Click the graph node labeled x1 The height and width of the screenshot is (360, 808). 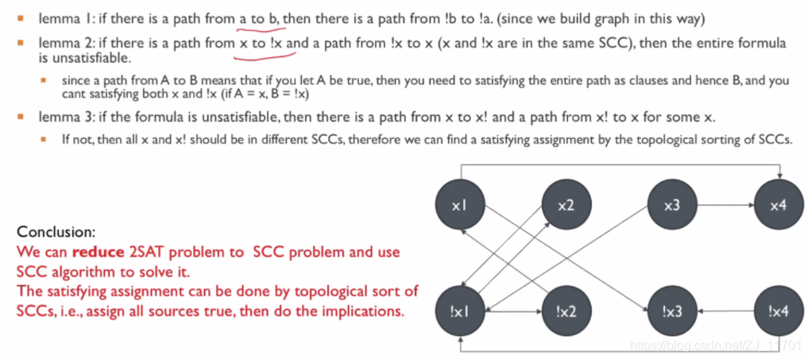coord(458,206)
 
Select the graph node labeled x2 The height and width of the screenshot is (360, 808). coord(565,206)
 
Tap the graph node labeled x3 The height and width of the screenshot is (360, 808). coord(671,206)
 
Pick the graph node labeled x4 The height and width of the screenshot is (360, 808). coord(778,206)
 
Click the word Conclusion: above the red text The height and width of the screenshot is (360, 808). coord(56,233)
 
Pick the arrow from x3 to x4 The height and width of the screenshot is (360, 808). coord(725,206)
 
